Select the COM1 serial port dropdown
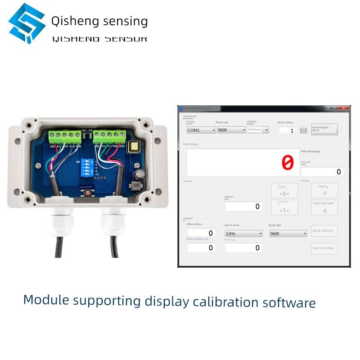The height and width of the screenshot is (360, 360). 201,130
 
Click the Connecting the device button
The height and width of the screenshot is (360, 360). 324,130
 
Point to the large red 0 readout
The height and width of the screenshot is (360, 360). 287,162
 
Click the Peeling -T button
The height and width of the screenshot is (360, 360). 324,190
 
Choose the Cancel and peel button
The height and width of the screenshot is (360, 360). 324,207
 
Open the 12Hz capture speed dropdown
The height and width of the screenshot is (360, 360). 243,234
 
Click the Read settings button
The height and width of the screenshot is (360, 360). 324,231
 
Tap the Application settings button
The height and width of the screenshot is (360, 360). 324,248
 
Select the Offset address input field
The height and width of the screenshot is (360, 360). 201,233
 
